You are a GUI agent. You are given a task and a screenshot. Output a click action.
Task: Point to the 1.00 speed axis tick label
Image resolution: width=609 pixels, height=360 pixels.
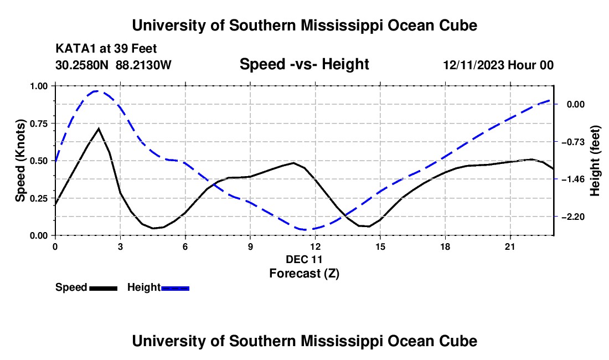point(38,86)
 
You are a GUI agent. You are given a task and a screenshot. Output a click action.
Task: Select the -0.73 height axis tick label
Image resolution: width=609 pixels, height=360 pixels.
point(572,142)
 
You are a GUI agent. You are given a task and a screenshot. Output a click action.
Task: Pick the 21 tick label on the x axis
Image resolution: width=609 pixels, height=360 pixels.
point(510,246)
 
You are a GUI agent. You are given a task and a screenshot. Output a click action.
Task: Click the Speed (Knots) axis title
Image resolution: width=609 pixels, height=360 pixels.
point(20,161)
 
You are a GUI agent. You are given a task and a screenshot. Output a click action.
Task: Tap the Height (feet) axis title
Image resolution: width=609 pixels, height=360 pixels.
point(595,161)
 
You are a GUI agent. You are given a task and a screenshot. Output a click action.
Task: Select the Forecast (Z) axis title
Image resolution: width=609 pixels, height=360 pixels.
point(304,274)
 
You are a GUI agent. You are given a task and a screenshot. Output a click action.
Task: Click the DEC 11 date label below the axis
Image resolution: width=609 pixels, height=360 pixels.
point(304,259)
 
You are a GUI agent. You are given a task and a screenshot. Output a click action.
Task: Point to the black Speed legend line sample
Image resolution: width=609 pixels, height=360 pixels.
point(104,289)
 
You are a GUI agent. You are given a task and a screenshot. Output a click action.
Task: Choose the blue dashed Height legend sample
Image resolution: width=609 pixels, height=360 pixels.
point(175,289)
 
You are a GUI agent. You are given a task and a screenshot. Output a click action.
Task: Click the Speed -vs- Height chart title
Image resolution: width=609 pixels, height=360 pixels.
point(304,64)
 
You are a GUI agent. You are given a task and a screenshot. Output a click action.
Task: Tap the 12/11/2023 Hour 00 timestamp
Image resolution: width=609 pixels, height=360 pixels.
point(498,65)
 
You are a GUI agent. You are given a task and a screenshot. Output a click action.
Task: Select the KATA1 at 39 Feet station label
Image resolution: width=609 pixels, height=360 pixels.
point(106,49)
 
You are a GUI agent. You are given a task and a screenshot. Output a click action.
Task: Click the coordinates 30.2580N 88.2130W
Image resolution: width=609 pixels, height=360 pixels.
point(113,65)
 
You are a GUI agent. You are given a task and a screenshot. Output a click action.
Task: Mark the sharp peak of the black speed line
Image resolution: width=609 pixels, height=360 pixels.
point(99,128)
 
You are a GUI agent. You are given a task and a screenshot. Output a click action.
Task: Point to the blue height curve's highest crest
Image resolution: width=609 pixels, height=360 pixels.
point(96,91)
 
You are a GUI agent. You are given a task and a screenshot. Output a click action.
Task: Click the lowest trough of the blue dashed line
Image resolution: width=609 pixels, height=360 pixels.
point(307,229)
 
